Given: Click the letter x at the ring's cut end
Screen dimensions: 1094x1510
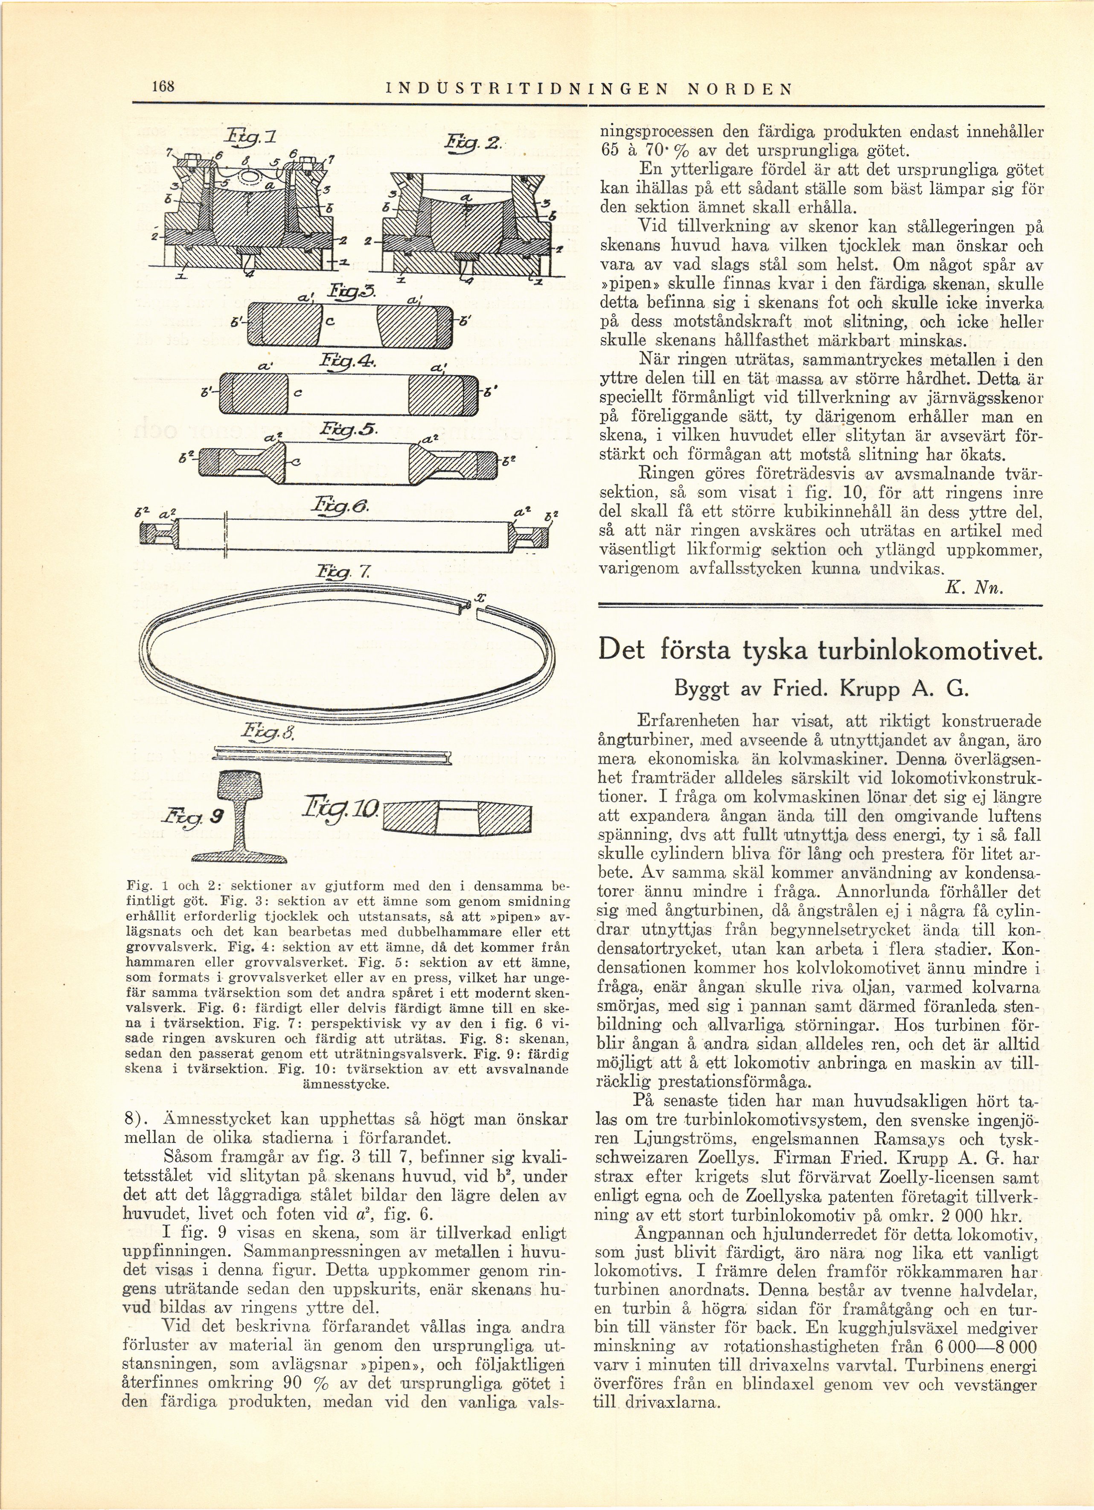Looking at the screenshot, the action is (x=481, y=599).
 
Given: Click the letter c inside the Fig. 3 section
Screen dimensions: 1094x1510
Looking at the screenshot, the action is (x=330, y=320).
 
